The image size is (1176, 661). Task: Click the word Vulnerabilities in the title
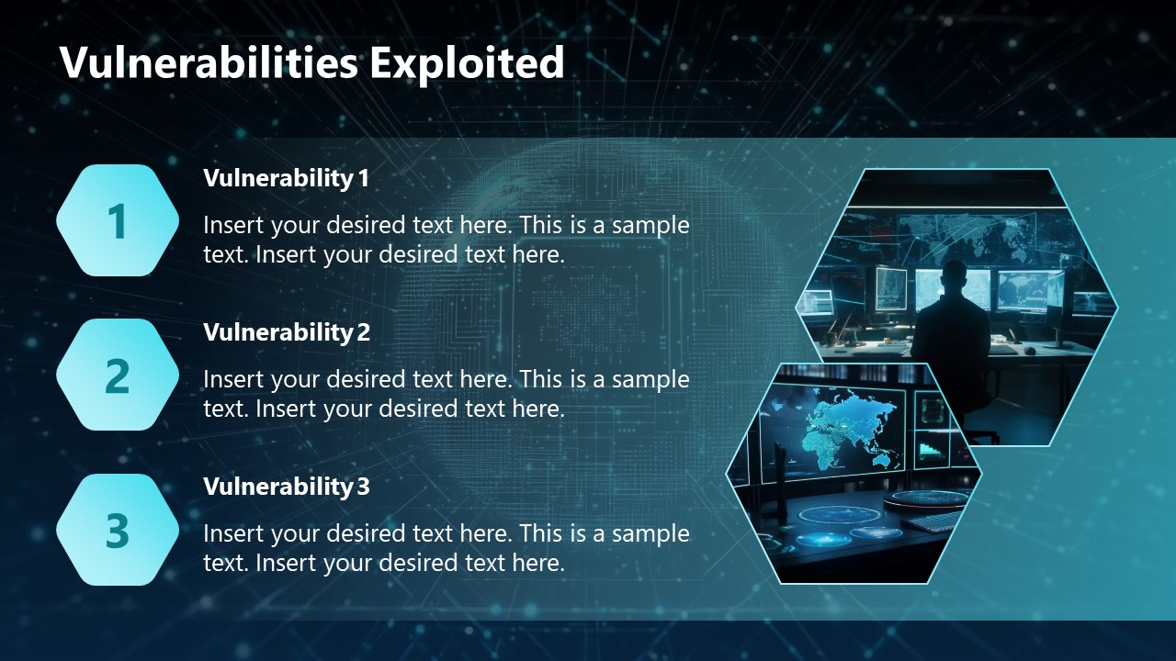click(209, 62)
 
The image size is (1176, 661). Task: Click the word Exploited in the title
click(467, 62)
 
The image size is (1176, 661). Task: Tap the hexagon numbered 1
click(118, 221)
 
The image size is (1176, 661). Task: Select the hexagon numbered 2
click(118, 375)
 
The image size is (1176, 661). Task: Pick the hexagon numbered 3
click(118, 530)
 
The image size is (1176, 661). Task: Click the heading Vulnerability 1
click(286, 178)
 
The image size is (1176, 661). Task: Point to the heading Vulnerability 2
click(286, 332)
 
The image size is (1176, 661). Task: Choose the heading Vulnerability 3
click(286, 487)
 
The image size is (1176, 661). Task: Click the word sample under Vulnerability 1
click(650, 226)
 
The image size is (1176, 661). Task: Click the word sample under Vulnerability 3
click(650, 533)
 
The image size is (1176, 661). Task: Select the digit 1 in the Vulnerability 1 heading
click(364, 178)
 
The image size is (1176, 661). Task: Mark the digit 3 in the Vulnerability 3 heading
click(364, 487)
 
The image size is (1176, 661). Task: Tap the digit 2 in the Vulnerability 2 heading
click(364, 332)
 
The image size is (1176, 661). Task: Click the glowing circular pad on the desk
click(839, 514)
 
